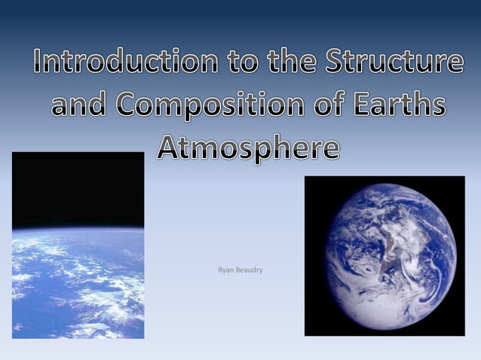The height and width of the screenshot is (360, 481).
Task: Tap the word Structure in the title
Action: click(394, 63)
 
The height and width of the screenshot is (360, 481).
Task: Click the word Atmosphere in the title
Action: click(248, 148)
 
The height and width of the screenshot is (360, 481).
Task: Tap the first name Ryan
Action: click(225, 270)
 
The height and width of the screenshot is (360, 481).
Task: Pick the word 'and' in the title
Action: click(78, 105)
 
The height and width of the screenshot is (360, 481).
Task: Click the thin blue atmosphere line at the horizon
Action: click(78, 228)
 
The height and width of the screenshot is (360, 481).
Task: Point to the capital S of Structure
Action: click(335, 63)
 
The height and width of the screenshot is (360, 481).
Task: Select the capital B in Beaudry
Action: click(240, 270)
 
